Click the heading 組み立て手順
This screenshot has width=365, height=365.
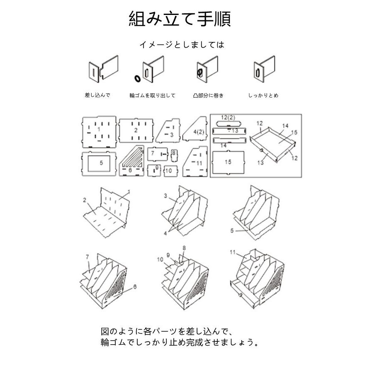coord(180,19)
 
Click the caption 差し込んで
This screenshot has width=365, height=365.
coord(97,95)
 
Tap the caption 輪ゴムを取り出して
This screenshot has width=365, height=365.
coord(152,95)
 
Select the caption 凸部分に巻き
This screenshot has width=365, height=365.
coord(208,95)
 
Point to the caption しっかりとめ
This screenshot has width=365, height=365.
coord(263,95)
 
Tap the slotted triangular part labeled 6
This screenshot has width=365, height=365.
coord(131,163)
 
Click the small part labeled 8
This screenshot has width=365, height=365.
coord(174,155)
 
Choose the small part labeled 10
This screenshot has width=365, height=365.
coord(168,170)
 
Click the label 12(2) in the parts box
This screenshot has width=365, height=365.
coord(228,117)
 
